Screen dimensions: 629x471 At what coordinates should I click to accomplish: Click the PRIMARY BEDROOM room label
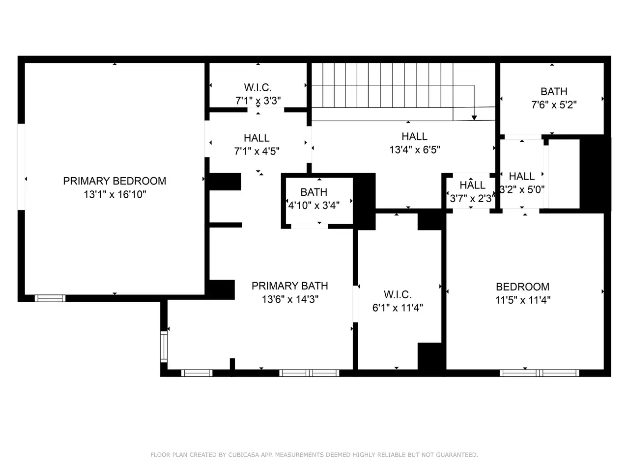(x=114, y=181)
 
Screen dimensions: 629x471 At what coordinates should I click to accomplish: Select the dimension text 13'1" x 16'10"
(x=114, y=194)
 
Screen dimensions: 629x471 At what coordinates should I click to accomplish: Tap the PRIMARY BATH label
(x=290, y=286)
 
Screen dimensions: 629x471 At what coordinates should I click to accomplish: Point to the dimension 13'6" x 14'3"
(x=290, y=299)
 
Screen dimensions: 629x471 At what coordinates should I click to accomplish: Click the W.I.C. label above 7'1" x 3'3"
(x=257, y=87)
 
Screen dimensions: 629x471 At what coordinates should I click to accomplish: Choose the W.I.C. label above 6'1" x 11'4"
(x=398, y=294)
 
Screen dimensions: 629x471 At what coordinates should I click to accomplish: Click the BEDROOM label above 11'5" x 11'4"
(x=523, y=287)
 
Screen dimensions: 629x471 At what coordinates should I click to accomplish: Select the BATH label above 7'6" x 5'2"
(x=554, y=92)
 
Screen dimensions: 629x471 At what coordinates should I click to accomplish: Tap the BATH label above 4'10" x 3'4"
(x=314, y=192)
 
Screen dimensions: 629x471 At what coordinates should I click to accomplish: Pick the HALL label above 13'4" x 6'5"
(x=414, y=136)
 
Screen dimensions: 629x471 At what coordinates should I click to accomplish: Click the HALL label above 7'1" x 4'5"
(x=257, y=138)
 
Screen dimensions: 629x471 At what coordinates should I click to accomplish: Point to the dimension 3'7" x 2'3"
(x=472, y=199)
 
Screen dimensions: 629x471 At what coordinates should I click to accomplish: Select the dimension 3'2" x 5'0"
(x=522, y=189)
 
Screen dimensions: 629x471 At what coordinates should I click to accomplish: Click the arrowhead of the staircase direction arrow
(x=474, y=118)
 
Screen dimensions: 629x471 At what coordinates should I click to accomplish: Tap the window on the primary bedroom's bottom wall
(x=50, y=298)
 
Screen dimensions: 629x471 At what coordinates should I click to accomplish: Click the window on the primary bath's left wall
(x=164, y=346)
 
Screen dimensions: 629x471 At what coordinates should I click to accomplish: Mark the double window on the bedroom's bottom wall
(x=539, y=373)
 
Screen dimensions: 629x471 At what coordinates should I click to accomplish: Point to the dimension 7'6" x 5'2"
(x=554, y=105)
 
